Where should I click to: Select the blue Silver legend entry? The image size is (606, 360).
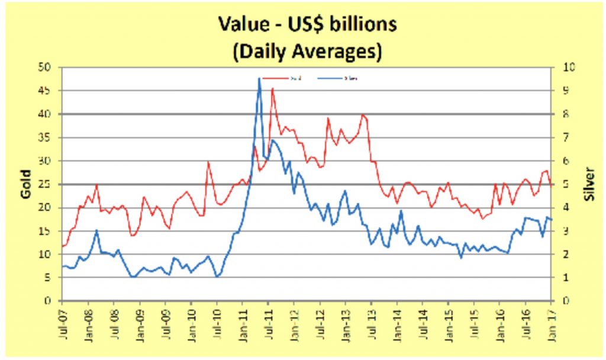coord(338,78)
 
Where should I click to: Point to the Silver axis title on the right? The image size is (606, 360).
coord(589,184)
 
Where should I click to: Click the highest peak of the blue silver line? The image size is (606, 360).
coord(259,78)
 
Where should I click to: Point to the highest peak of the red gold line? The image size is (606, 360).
coord(272,88)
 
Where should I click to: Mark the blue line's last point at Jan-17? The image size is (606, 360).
coord(551,220)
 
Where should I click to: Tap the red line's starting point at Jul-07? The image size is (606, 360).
coord(62,246)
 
